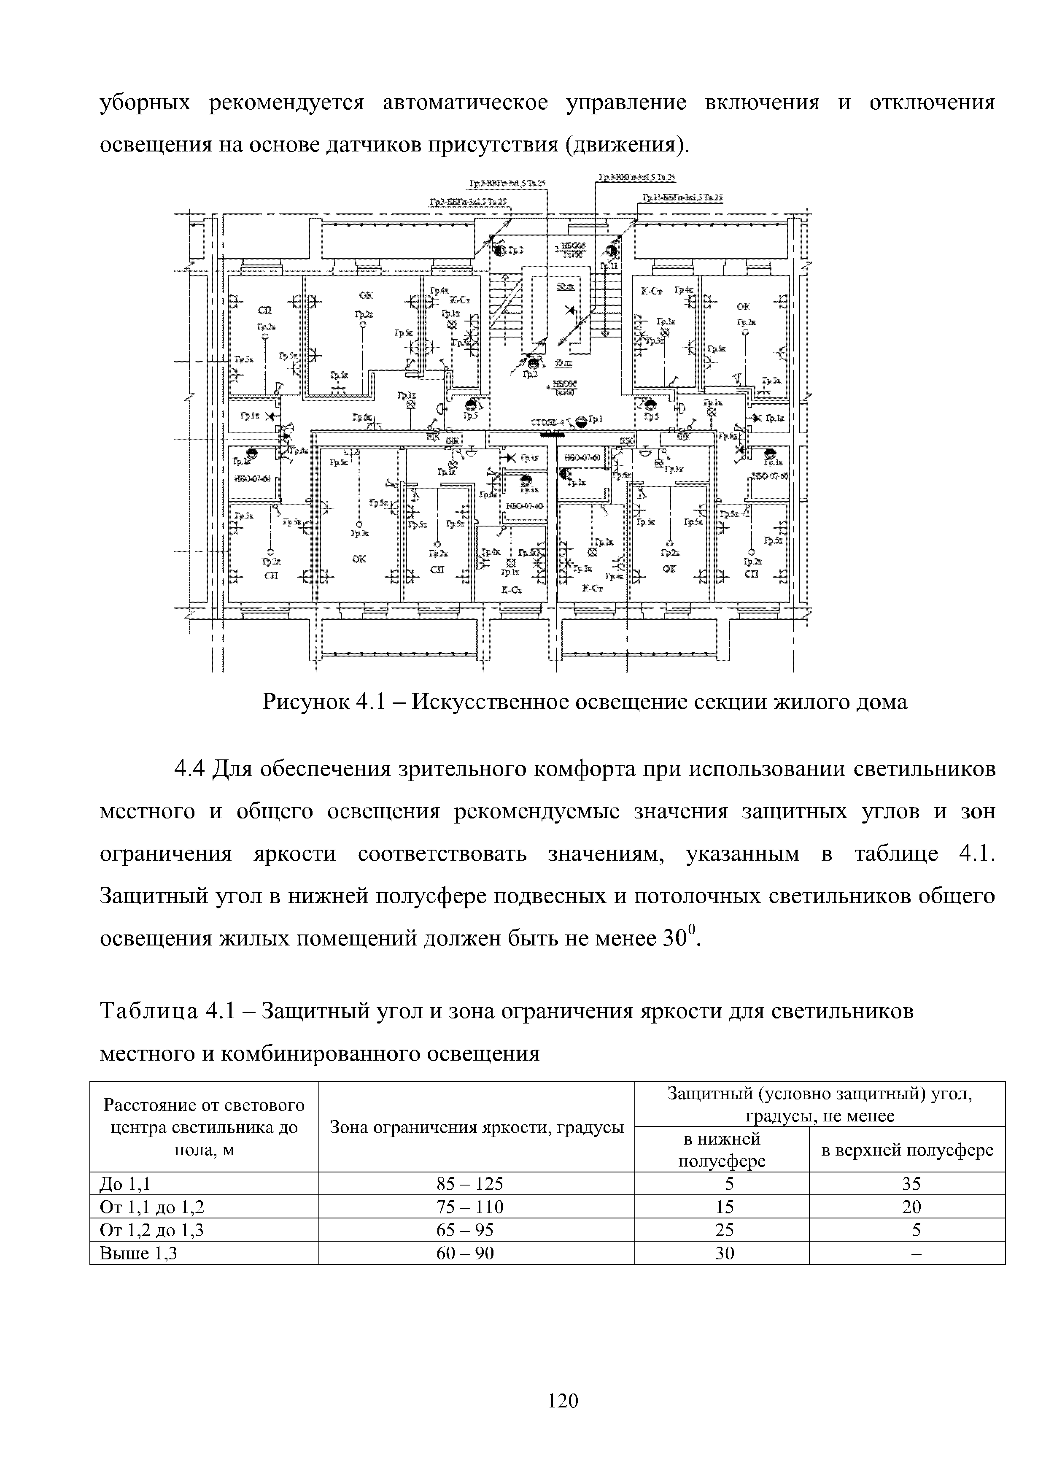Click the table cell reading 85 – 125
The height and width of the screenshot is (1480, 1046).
(476, 1183)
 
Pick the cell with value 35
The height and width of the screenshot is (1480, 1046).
(911, 1183)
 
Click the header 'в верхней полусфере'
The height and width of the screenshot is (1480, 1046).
(907, 1151)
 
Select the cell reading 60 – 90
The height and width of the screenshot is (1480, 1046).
(476, 1253)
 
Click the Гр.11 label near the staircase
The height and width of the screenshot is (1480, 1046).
(608, 265)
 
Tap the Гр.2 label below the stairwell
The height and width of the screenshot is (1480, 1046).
(530, 374)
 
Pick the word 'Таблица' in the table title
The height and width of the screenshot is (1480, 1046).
(148, 1011)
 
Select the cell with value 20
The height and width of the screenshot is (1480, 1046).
(911, 1207)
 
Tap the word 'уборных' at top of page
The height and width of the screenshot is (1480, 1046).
(145, 103)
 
